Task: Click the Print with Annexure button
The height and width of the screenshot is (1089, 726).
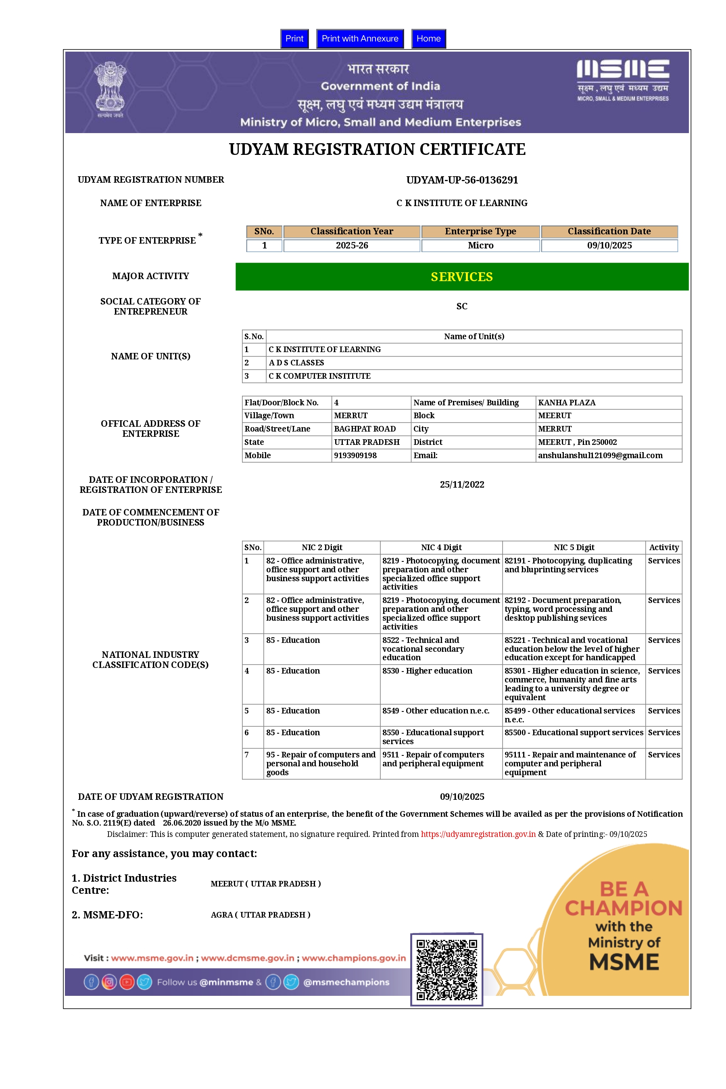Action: [x=360, y=38]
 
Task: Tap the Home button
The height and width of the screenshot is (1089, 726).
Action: [x=428, y=38]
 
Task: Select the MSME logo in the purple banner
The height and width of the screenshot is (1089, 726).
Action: [x=623, y=79]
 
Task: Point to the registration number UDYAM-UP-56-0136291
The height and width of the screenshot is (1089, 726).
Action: [x=462, y=180]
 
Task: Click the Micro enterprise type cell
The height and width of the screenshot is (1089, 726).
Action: [x=480, y=245]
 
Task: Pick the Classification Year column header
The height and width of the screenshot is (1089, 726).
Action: [x=351, y=232]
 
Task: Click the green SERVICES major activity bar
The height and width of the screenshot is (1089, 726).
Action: [x=462, y=276]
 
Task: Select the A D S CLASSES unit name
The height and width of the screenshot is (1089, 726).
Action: [x=296, y=363]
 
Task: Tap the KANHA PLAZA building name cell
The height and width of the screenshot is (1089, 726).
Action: [x=567, y=403]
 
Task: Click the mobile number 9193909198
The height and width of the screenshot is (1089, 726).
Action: [x=355, y=455]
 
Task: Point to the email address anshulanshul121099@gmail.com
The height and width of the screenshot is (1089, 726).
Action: [x=600, y=455]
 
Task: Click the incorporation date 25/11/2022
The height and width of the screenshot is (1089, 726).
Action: [x=462, y=484]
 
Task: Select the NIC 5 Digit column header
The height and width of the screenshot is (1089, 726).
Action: [x=574, y=547]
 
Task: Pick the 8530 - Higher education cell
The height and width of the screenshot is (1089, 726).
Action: [x=427, y=671]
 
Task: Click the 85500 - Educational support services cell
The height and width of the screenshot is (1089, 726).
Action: [x=574, y=732]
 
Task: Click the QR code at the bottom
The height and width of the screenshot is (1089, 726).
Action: [x=446, y=969]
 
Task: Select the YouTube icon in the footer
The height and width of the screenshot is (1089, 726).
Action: [x=127, y=982]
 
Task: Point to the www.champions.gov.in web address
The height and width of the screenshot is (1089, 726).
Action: [x=354, y=958]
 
